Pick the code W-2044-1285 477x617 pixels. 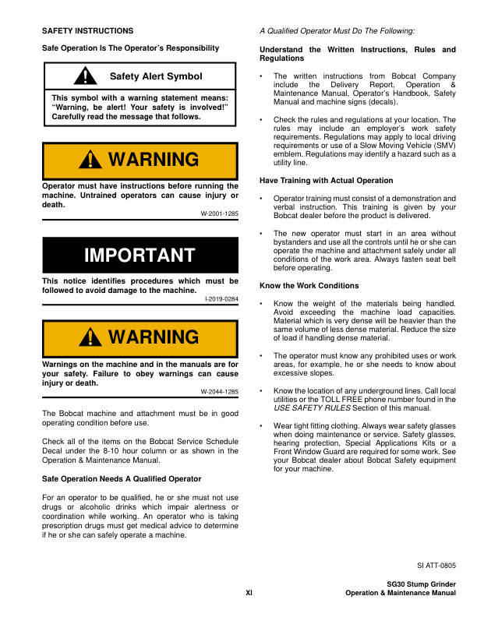pos(220,391)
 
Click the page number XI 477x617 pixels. pos(249,593)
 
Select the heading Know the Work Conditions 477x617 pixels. pos(309,286)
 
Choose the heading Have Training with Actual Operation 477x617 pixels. pos(326,181)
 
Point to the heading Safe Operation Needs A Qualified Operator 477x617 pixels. pos(121,478)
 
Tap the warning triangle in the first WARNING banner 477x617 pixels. pos(94,160)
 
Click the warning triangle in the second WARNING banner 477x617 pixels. pos(94,337)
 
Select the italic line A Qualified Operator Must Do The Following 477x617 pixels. pos(337,31)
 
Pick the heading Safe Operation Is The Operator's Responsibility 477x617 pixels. pos(130,48)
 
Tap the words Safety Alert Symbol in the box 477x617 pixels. pos(156,76)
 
